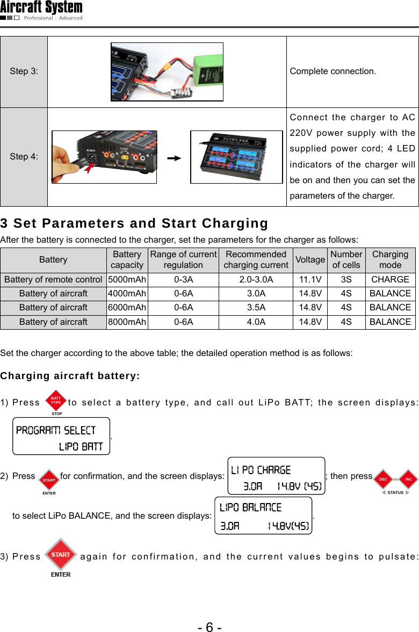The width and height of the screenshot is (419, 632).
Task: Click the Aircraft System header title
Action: (x=41, y=8)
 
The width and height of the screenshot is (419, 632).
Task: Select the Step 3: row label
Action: (x=24, y=71)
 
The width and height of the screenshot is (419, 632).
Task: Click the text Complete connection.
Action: (x=333, y=71)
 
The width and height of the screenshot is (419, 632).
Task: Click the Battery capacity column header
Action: (x=127, y=260)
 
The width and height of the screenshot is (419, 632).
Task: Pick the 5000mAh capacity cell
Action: (x=127, y=279)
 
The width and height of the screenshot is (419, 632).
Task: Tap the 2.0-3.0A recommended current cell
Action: (x=256, y=279)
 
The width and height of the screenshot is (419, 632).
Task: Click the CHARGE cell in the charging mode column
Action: (x=390, y=279)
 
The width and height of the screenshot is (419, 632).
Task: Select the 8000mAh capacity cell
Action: (x=127, y=322)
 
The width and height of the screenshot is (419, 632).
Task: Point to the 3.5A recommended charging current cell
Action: (x=256, y=308)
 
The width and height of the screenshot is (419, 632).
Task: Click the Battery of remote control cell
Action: (x=53, y=279)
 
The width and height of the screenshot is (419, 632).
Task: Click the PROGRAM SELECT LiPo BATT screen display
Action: (x=61, y=437)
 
